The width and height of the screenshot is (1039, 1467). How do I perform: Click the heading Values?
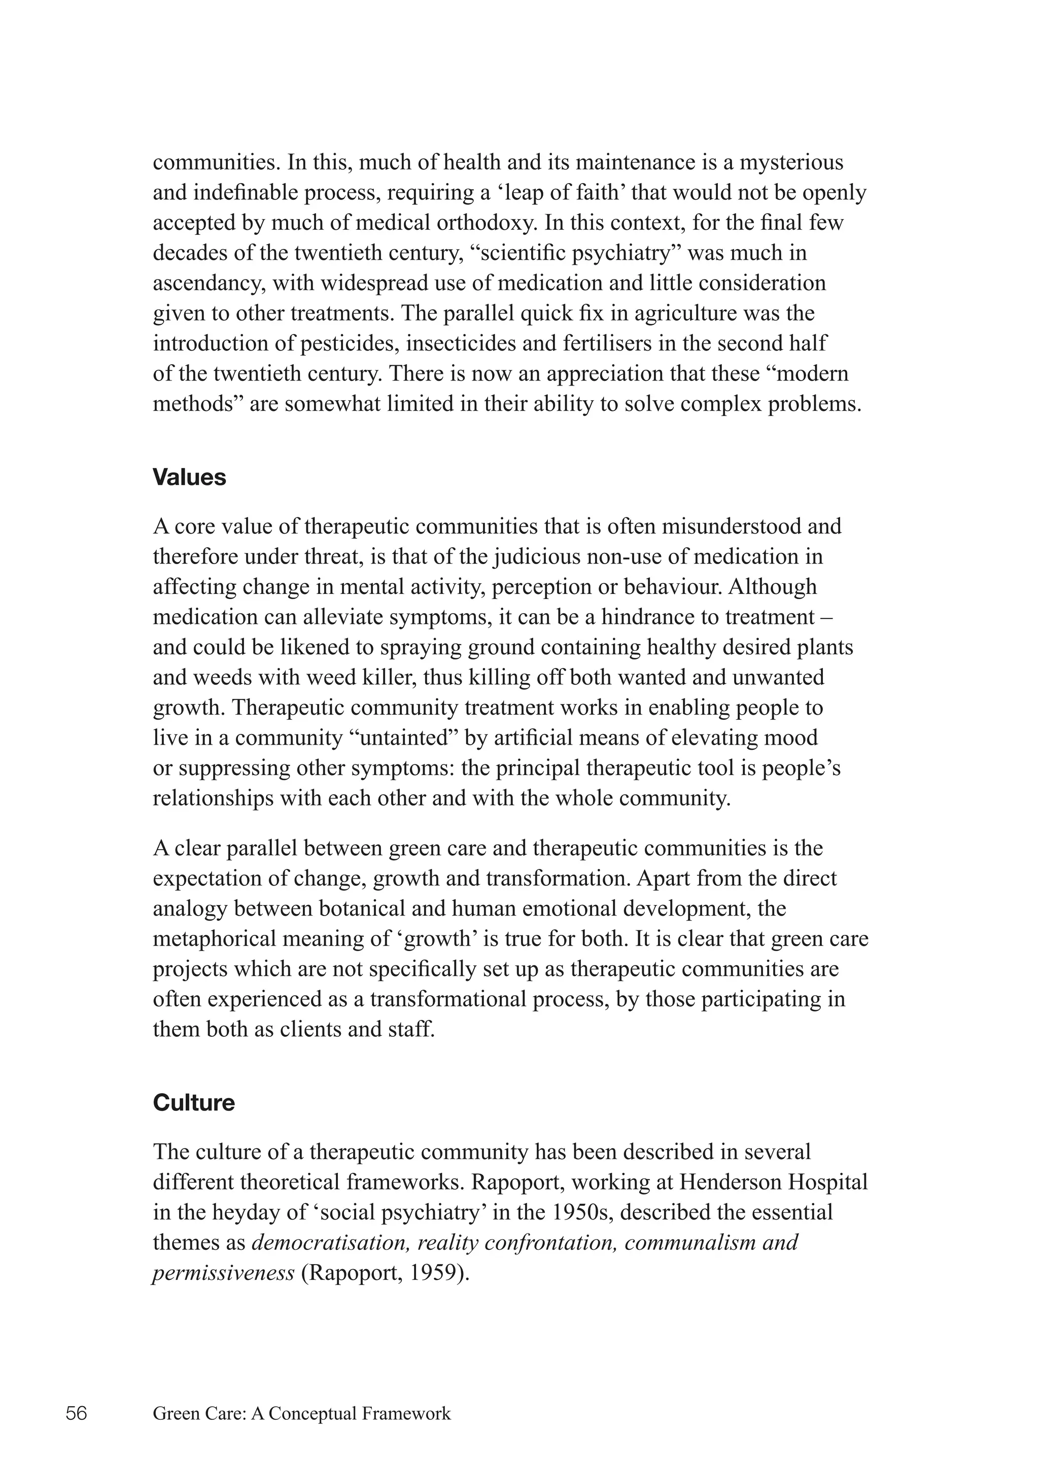(x=189, y=477)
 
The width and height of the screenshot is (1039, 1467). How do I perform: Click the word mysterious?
(x=791, y=162)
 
